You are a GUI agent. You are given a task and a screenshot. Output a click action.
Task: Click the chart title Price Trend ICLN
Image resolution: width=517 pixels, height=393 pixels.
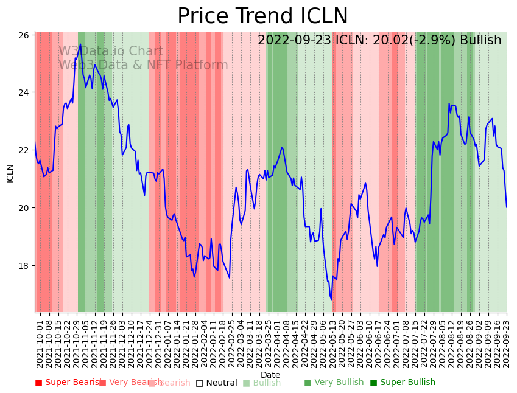[262, 16]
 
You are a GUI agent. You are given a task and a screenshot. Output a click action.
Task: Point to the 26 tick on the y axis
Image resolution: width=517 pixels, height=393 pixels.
[26, 35]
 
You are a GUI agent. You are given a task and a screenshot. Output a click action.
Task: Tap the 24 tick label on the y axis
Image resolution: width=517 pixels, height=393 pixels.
[26, 92]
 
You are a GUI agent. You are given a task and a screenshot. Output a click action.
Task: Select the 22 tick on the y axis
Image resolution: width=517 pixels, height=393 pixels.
[26, 150]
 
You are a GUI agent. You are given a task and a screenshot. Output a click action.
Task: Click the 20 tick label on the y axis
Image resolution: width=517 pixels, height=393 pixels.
[26, 208]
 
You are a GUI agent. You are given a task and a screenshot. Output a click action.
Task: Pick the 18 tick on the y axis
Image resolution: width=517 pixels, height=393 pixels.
[26, 266]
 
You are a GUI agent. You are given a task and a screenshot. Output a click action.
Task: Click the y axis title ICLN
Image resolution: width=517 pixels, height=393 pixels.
[10, 173]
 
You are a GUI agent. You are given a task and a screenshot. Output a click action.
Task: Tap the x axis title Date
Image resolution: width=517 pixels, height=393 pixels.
[270, 375]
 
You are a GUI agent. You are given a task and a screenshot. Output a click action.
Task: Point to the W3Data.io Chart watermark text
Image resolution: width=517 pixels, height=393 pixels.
[111, 52]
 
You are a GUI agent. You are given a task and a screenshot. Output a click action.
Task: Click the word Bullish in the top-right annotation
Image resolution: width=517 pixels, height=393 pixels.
[480, 41]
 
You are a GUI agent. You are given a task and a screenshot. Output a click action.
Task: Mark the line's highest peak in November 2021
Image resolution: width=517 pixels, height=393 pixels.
[80, 44]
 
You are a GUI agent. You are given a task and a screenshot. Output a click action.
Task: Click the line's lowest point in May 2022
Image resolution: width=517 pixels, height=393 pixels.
[331, 299]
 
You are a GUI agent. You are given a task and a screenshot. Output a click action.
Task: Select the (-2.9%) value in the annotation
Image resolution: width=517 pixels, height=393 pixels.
[432, 41]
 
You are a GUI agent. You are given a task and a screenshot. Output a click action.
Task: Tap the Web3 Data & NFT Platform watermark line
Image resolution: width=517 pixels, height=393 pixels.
[143, 65]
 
